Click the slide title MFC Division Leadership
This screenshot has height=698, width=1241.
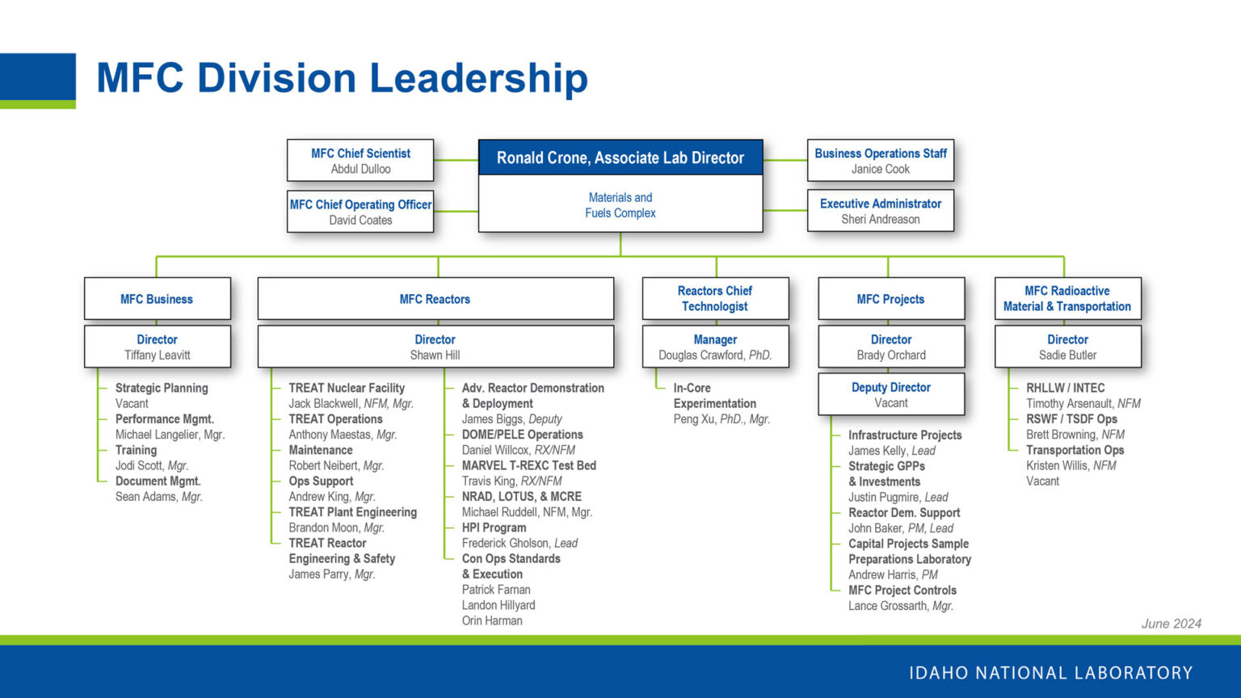click(342, 78)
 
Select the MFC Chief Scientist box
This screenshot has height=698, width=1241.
click(360, 160)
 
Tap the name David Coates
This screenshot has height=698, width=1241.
click(360, 220)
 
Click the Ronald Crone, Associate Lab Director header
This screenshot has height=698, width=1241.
click(620, 158)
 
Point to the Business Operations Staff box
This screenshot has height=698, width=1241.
click(880, 160)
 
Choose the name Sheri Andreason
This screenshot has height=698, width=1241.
click(880, 219)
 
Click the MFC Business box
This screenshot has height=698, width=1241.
click(157, 299)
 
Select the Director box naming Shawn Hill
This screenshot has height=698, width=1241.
click(435, 347)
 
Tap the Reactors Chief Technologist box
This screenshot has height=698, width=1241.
click(715, 298)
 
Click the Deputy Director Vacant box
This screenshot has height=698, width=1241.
click(890, 394)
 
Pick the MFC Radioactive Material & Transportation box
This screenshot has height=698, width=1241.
click(1066, 298)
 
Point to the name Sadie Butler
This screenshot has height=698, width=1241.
click(1067, 355)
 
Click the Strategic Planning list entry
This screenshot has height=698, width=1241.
click(162, 388)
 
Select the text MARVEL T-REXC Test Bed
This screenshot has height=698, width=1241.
click(528, 465)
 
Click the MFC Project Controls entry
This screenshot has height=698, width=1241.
click(902, 590)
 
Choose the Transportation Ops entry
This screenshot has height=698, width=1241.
click(1075, 450)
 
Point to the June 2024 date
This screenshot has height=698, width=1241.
click(1171, 623)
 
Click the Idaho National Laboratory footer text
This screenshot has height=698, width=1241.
click(1050, 672)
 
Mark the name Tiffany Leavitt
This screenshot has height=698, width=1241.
click(157, 355)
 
